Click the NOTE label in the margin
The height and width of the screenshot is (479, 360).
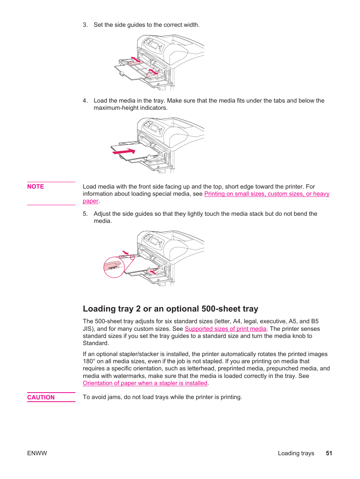[x=35, y=187]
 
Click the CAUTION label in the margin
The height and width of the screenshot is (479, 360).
[x=41, y=397]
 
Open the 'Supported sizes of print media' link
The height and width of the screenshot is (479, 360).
[x=225, y=329]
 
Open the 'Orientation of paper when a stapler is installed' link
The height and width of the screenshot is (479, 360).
[x=145, y=383]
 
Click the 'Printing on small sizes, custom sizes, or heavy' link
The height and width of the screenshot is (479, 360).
[x=266, y=194]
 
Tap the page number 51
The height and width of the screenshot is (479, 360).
[x=329, y=453]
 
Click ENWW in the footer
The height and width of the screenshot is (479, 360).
[x=37, y=453]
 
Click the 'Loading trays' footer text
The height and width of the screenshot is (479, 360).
[x=296, y=453]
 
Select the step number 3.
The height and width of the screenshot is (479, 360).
[x=85, y=25]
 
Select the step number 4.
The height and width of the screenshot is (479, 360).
[x=85, y=101]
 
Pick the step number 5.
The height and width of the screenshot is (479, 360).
[x=85, y=214]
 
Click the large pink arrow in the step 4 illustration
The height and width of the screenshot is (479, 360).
[x=124, y=152]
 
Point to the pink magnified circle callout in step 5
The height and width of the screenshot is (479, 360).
[x=114, y=267]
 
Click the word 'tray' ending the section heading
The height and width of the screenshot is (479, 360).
[x=250, y=309]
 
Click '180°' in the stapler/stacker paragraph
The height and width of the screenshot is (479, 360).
[x=89, y=361]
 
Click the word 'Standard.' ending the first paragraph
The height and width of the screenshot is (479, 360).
[x=96, y=343]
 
